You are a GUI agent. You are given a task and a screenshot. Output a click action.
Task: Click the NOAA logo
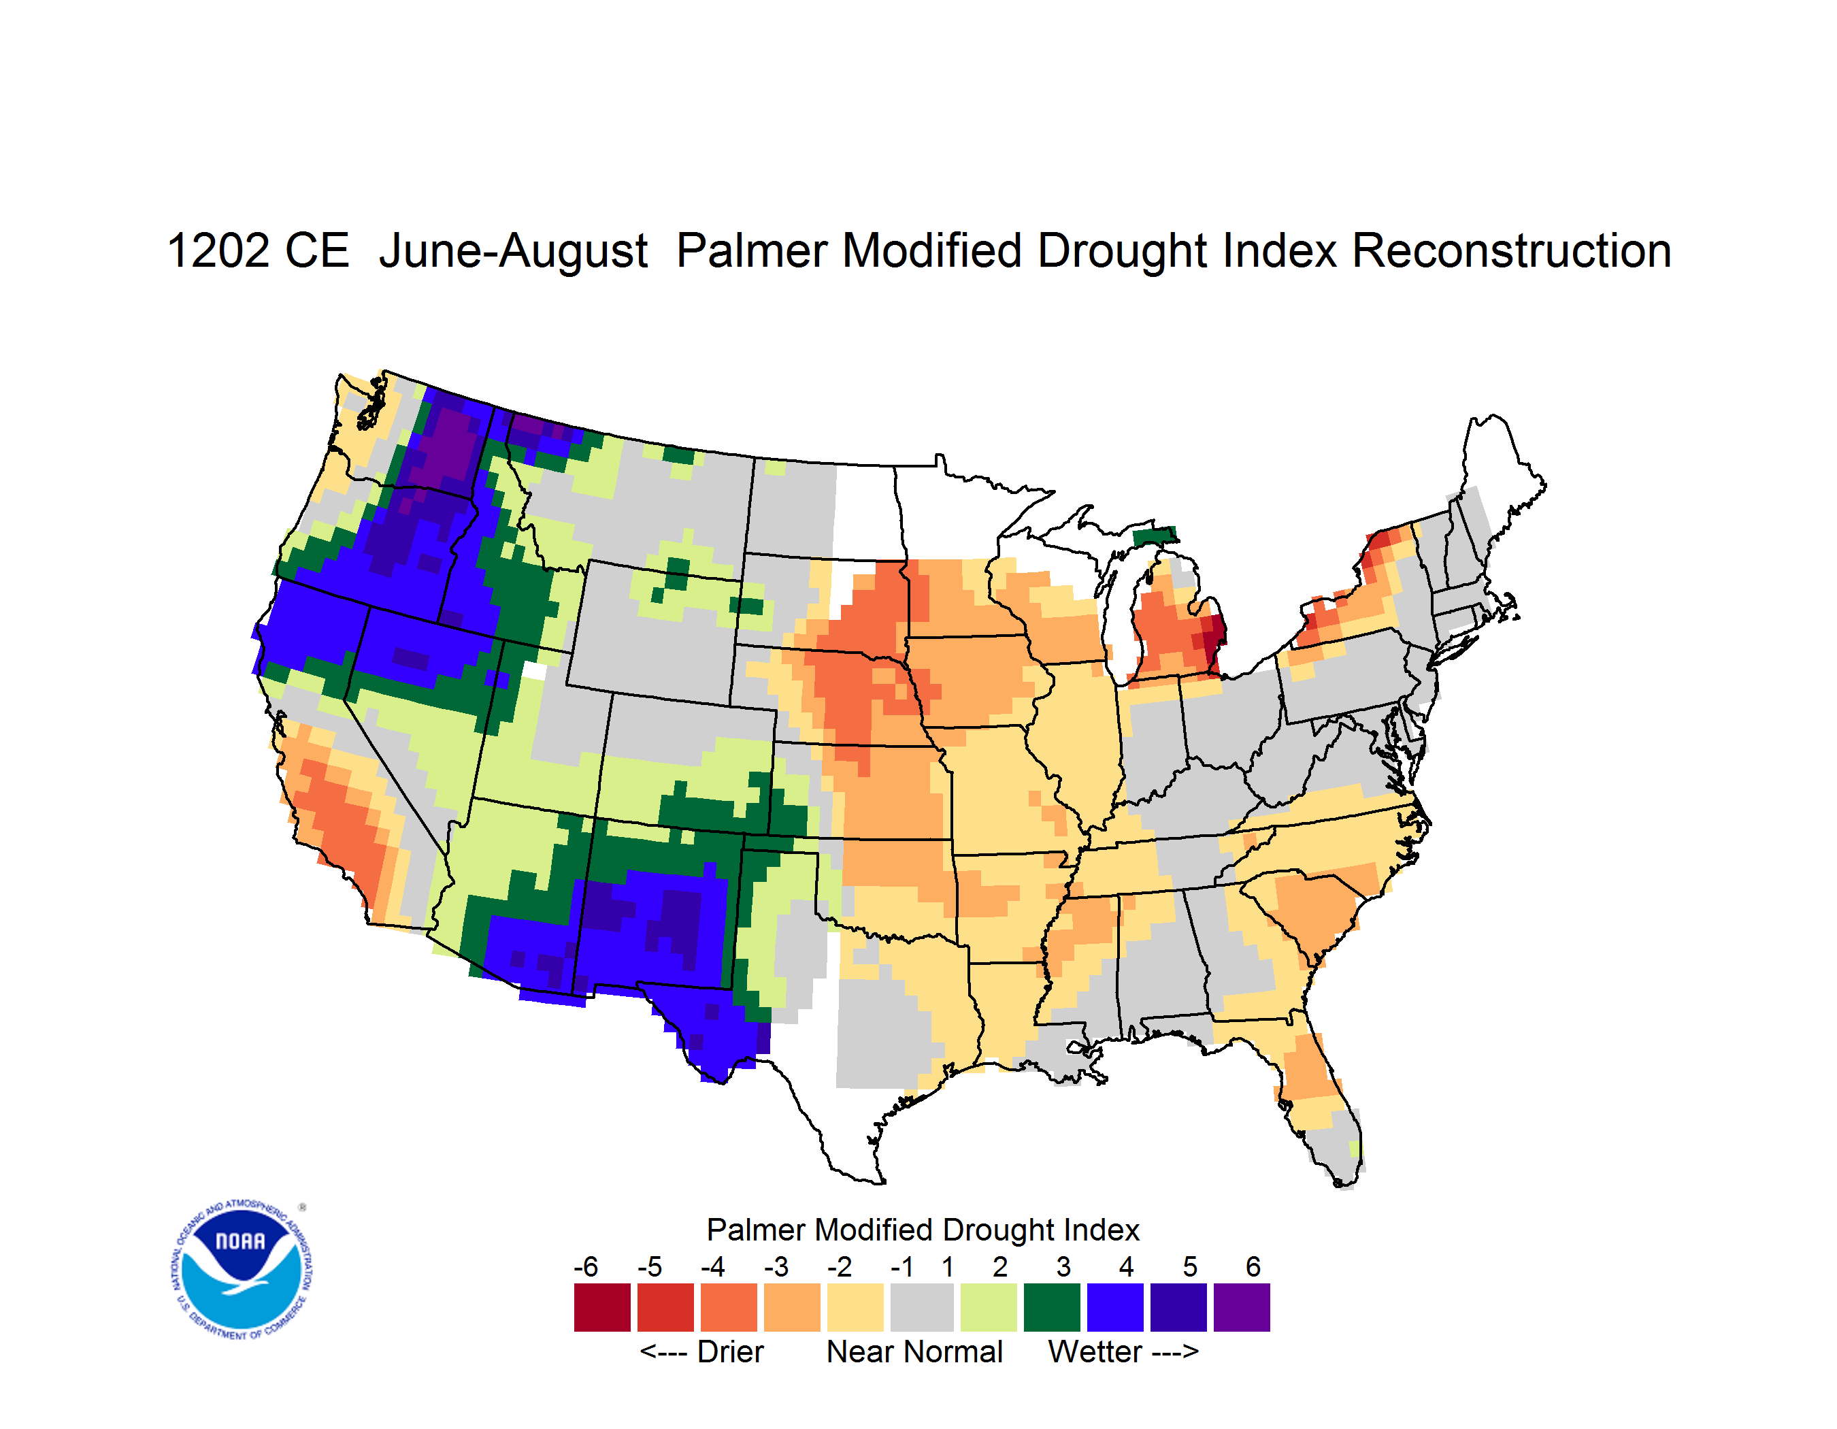pyautogui.click(x=242, y=1269)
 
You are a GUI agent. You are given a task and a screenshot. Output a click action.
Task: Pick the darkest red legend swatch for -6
pyautogui.click(x=602, y=1307)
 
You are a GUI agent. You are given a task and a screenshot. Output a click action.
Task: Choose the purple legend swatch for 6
pyautogui.click(x=1242, y=1307)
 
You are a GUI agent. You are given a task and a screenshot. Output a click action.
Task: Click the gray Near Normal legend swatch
pyautogui.click(x=922, y=1307)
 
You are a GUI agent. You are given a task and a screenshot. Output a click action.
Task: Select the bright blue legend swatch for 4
pyautogui.click(x=1115, y=1307)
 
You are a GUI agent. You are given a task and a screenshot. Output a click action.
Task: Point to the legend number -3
pyautogui.click(x=776, y=1266)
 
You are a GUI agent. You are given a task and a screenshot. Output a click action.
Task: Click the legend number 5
pyautogui.click(x=1190, y=1266)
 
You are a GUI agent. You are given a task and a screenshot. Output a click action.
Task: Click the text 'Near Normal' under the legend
pyautogui.click(x=914, y=1351)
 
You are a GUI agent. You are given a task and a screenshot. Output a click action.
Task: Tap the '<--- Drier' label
pyautogui.click(x=701, y=1351)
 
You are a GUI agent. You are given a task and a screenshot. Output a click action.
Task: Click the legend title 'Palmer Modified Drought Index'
pyautogui.click(x=923, y=1230)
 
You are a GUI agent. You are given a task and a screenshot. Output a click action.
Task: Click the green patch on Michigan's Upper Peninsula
pyautogui.click(x=1154, y=536)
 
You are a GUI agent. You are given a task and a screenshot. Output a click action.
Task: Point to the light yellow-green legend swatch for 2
pyautogui.click(x=989, y=1307)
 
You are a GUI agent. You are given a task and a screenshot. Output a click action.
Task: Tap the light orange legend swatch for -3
pyautogui.click(x=791, y=1307)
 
